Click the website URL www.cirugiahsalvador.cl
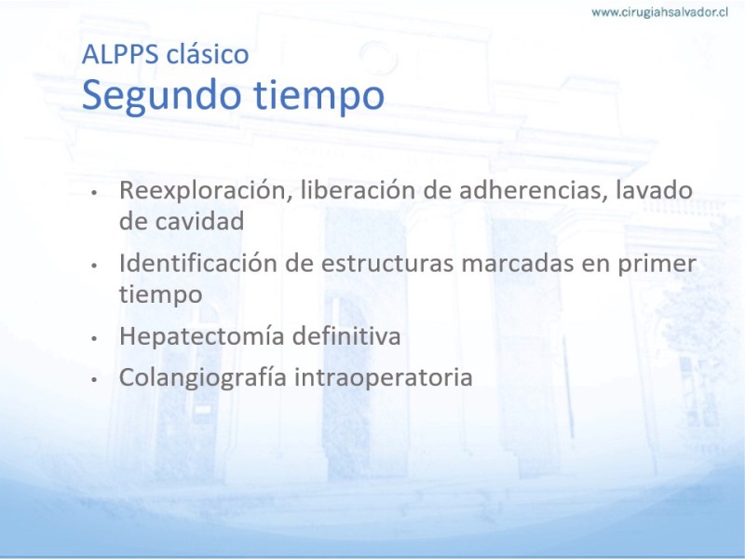pyautogui.click(x=659, y=12)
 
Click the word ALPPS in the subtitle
pyautogui.click(x=120, y=54)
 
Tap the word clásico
pyautogui.click(x=208, y=54)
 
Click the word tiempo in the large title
pyautogui.click(x=318, y=97)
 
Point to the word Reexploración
pyautogui.click(x=205, y=191)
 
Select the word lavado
pyautogui.click(x=654, y=190)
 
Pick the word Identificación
pyautogui.click(x=198, y=263)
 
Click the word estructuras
pyautogui.click(x=387, y=264)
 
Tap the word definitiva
pyautogui.click(x=346, y=336)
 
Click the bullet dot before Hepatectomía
pyautogui.click(x=95, y=338)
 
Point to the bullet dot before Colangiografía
pyautogui.click(x=95, y=380)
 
